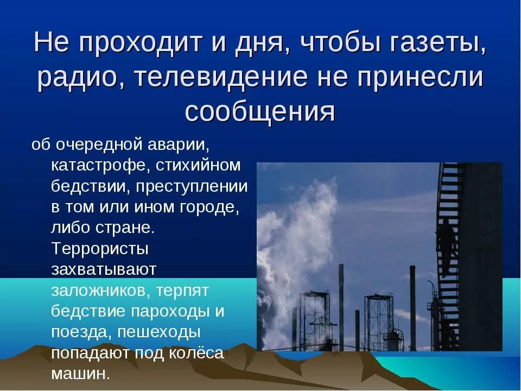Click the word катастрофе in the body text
[x=99, y=165]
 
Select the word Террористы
[x=100, y=249]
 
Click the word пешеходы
[x=159, y=333]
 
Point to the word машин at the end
[x=80, y=374]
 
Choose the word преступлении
[x=192, y=187]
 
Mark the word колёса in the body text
[x=196, y=353]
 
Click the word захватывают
[x=104, y=270]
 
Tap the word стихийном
[x=198, y=165]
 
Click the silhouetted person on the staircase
[x=446, y=244]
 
